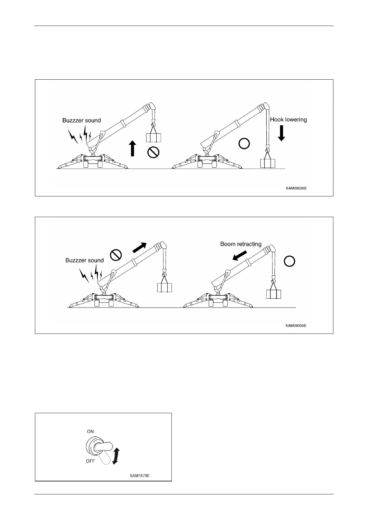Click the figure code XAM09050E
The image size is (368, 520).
(296, 325)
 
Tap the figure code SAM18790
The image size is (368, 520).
(139, 476)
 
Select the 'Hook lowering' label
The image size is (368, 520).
(289, 120)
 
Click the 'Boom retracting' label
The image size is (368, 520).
(241, 244)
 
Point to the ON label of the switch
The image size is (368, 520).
(90, 432)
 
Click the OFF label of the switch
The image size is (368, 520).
(91, 461)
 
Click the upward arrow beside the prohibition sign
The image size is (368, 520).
(133, 148)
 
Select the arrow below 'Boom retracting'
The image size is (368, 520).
(240, 255)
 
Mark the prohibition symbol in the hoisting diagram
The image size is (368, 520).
(153, 152)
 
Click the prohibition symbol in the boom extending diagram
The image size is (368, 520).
(116, 255)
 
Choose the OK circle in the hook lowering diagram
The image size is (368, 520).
(244, 144)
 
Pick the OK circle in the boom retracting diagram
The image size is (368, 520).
(289, 261)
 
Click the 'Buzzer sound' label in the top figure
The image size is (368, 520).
(82, 120)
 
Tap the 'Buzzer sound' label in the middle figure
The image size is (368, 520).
(84, 260)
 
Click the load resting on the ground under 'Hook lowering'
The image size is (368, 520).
(267, 163)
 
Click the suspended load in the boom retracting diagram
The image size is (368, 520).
(273, 294)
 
